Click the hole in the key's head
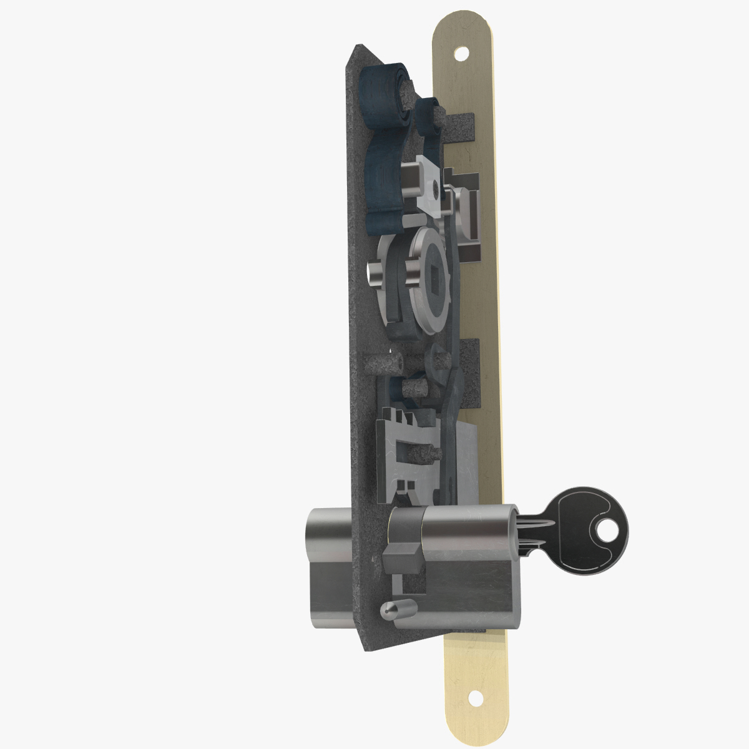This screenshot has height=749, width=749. pos(607,532)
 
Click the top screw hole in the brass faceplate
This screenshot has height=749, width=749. pos(461,54)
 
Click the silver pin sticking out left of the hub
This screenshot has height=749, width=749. pos(376,273)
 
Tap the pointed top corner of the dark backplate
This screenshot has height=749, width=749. pos(358,47)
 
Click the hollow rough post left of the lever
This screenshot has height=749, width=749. pos(382,364)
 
